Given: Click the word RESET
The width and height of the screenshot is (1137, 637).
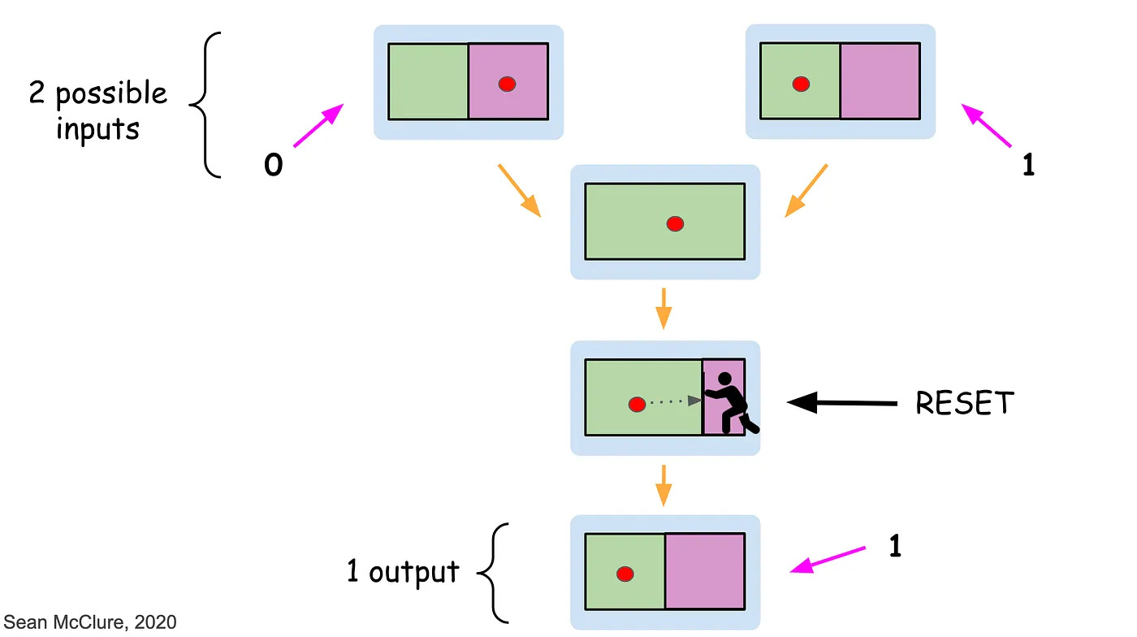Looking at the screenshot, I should pos(965,403).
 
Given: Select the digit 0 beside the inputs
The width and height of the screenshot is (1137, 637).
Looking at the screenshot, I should pos(274,165).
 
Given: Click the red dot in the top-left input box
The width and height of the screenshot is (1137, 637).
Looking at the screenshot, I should pos(507,83).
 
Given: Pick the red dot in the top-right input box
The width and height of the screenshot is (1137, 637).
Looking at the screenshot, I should pos(801,83).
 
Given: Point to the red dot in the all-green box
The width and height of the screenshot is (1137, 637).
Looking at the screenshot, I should pos(675,223).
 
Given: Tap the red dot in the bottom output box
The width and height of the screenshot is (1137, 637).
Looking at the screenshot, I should pos(625,574).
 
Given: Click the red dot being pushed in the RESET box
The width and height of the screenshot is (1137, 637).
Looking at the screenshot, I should pos(637,403).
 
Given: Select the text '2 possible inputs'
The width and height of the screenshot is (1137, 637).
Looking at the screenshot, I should pos(97,110).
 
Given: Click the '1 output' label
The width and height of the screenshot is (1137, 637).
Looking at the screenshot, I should pos(403,572).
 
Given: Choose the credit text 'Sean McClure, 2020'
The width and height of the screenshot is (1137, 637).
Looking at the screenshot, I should pos(90,623).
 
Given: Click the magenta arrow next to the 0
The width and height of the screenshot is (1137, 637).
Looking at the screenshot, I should pos(317,125).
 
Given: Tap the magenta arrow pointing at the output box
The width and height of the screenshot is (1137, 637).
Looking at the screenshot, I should pos(828,561).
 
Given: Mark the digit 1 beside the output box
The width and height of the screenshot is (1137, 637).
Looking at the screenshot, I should pos(894,547).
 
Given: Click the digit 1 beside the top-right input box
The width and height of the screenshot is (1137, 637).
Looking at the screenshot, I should pos(1028,165).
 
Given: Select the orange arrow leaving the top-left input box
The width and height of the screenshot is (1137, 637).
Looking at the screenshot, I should pos(520,190).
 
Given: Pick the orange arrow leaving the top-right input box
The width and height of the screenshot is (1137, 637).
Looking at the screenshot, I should pos(806,190).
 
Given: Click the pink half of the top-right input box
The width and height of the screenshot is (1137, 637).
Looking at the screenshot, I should pos(880,81).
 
